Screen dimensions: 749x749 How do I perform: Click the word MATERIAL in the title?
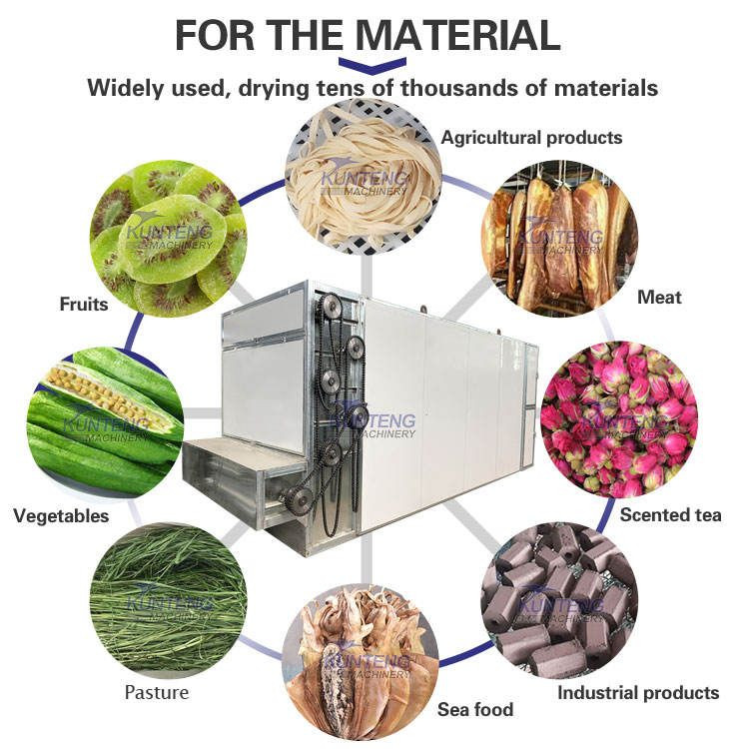click(458, 36)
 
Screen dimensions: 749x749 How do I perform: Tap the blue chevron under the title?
click(372, 65)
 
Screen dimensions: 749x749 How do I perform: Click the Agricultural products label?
click(531, 138)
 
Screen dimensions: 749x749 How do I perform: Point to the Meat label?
click(659, 297)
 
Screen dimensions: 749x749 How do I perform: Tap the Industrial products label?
click(637, 692)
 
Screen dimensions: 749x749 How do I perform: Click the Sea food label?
click(475, 710)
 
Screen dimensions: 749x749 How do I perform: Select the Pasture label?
click(156, 692)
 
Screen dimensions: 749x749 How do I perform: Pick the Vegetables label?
click(61, 516)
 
